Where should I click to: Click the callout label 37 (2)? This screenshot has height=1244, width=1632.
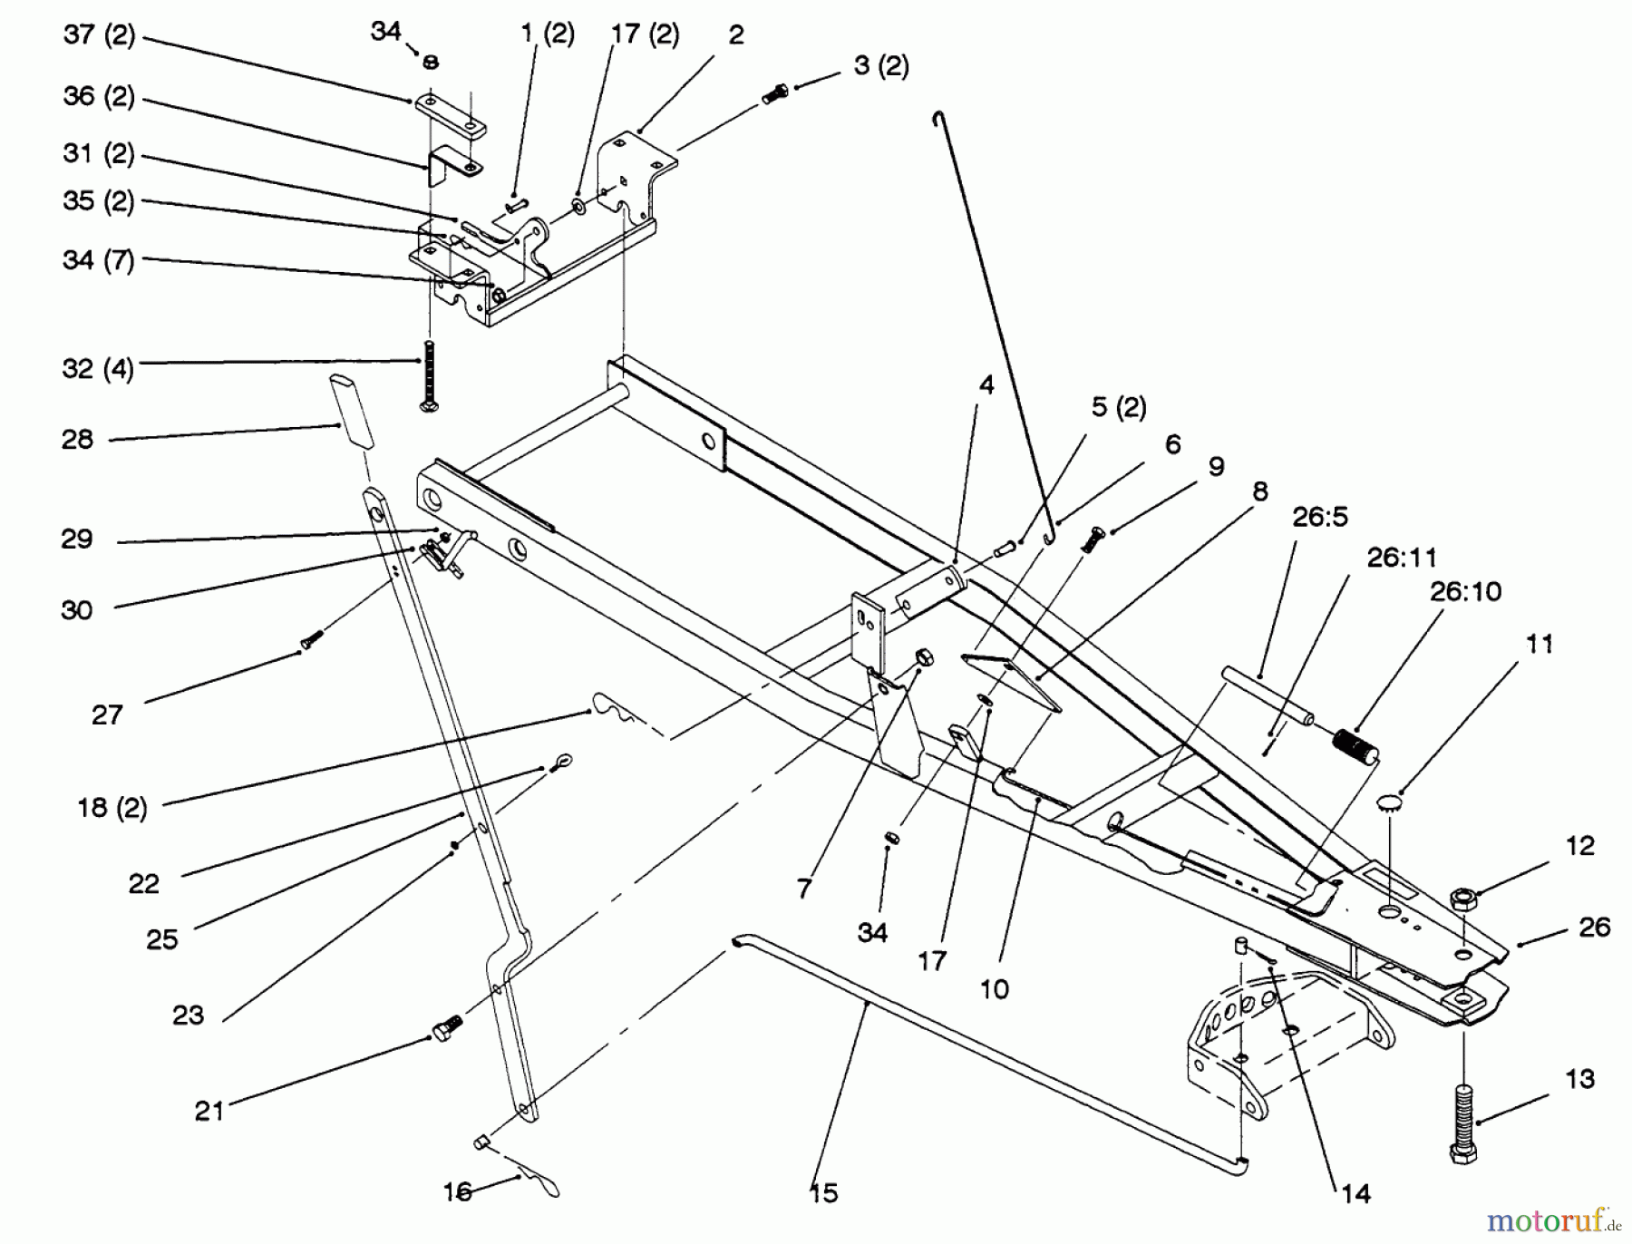click(99, 36)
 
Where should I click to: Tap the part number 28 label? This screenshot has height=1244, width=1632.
click(78, 440)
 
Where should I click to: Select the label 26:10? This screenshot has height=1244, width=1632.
click(1465, 592)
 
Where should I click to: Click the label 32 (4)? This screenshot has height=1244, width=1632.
click(98, 369)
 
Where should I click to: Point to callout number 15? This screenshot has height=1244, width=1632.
click(824, 1193)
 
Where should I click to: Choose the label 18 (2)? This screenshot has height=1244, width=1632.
click(112, 808)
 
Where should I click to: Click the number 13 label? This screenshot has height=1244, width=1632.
click(1579, 1079)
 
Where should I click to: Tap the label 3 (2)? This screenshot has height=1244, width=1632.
click(881, 66)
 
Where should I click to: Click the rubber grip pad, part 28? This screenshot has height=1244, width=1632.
click(352, 411)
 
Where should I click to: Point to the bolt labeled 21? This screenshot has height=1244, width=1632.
click(446, 1030)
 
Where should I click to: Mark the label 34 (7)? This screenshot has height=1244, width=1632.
click(98, 261)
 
